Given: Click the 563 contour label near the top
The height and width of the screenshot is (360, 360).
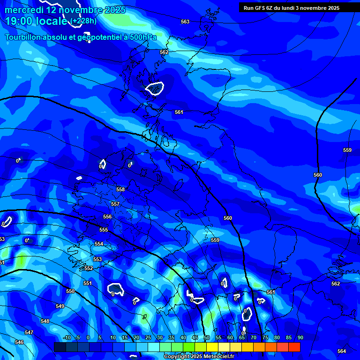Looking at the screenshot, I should click(x=185, y=22).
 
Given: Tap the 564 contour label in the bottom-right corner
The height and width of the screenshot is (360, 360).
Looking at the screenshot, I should click(x=342, y=351).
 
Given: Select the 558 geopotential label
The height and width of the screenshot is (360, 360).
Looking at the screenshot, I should click(x=120, y=189).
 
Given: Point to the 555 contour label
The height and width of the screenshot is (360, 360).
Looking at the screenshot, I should click(x=104, y=230).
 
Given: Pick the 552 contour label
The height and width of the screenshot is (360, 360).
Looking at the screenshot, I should click(x=89, y=269).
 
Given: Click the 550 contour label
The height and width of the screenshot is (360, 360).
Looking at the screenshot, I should click(x=70, y=291).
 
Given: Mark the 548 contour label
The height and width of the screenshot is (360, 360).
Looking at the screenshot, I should click(x=45, y=321).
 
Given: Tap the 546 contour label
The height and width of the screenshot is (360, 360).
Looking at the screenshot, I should click(x=19, y=343).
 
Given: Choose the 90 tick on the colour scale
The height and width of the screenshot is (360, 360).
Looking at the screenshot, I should click(x=300, y=337).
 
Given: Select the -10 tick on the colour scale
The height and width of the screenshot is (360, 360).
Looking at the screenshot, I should click(x=66, y=337).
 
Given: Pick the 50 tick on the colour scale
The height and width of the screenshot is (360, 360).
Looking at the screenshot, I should click(x=206, y=337).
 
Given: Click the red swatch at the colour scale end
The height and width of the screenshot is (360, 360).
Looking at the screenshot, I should click(x=294, y=347).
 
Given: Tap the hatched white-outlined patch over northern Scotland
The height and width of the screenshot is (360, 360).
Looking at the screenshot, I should click(x=154, y=88).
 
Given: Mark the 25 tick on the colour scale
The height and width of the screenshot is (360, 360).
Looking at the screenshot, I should click(x=148, y=337).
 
